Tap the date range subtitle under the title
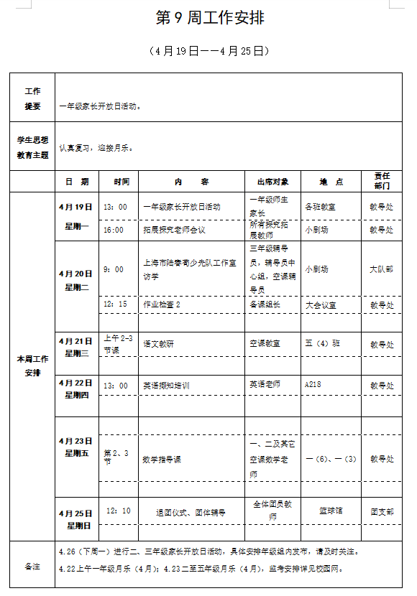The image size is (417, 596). [208, 51]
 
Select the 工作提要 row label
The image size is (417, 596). [32, 98]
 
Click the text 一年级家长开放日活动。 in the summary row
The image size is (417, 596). [100, 106]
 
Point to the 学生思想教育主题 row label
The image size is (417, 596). [32, 147]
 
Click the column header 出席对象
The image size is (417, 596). [272, 182]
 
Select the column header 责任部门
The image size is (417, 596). [382, 180]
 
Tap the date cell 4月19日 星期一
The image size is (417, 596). [75, 216]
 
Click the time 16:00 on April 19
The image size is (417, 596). [114, 230]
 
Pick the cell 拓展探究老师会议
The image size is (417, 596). [174, 230]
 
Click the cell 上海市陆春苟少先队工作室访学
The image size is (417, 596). [190, 269]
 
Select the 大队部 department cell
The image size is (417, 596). [382, 269]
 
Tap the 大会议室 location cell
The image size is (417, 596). [321, 304]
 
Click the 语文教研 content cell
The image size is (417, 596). [158, 344]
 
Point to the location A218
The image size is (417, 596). [313, 385]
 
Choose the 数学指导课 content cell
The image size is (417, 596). [162, 458]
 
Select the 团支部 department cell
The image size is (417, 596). [382, 511]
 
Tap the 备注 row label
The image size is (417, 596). [32, 567]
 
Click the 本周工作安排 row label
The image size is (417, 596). [32, 365]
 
